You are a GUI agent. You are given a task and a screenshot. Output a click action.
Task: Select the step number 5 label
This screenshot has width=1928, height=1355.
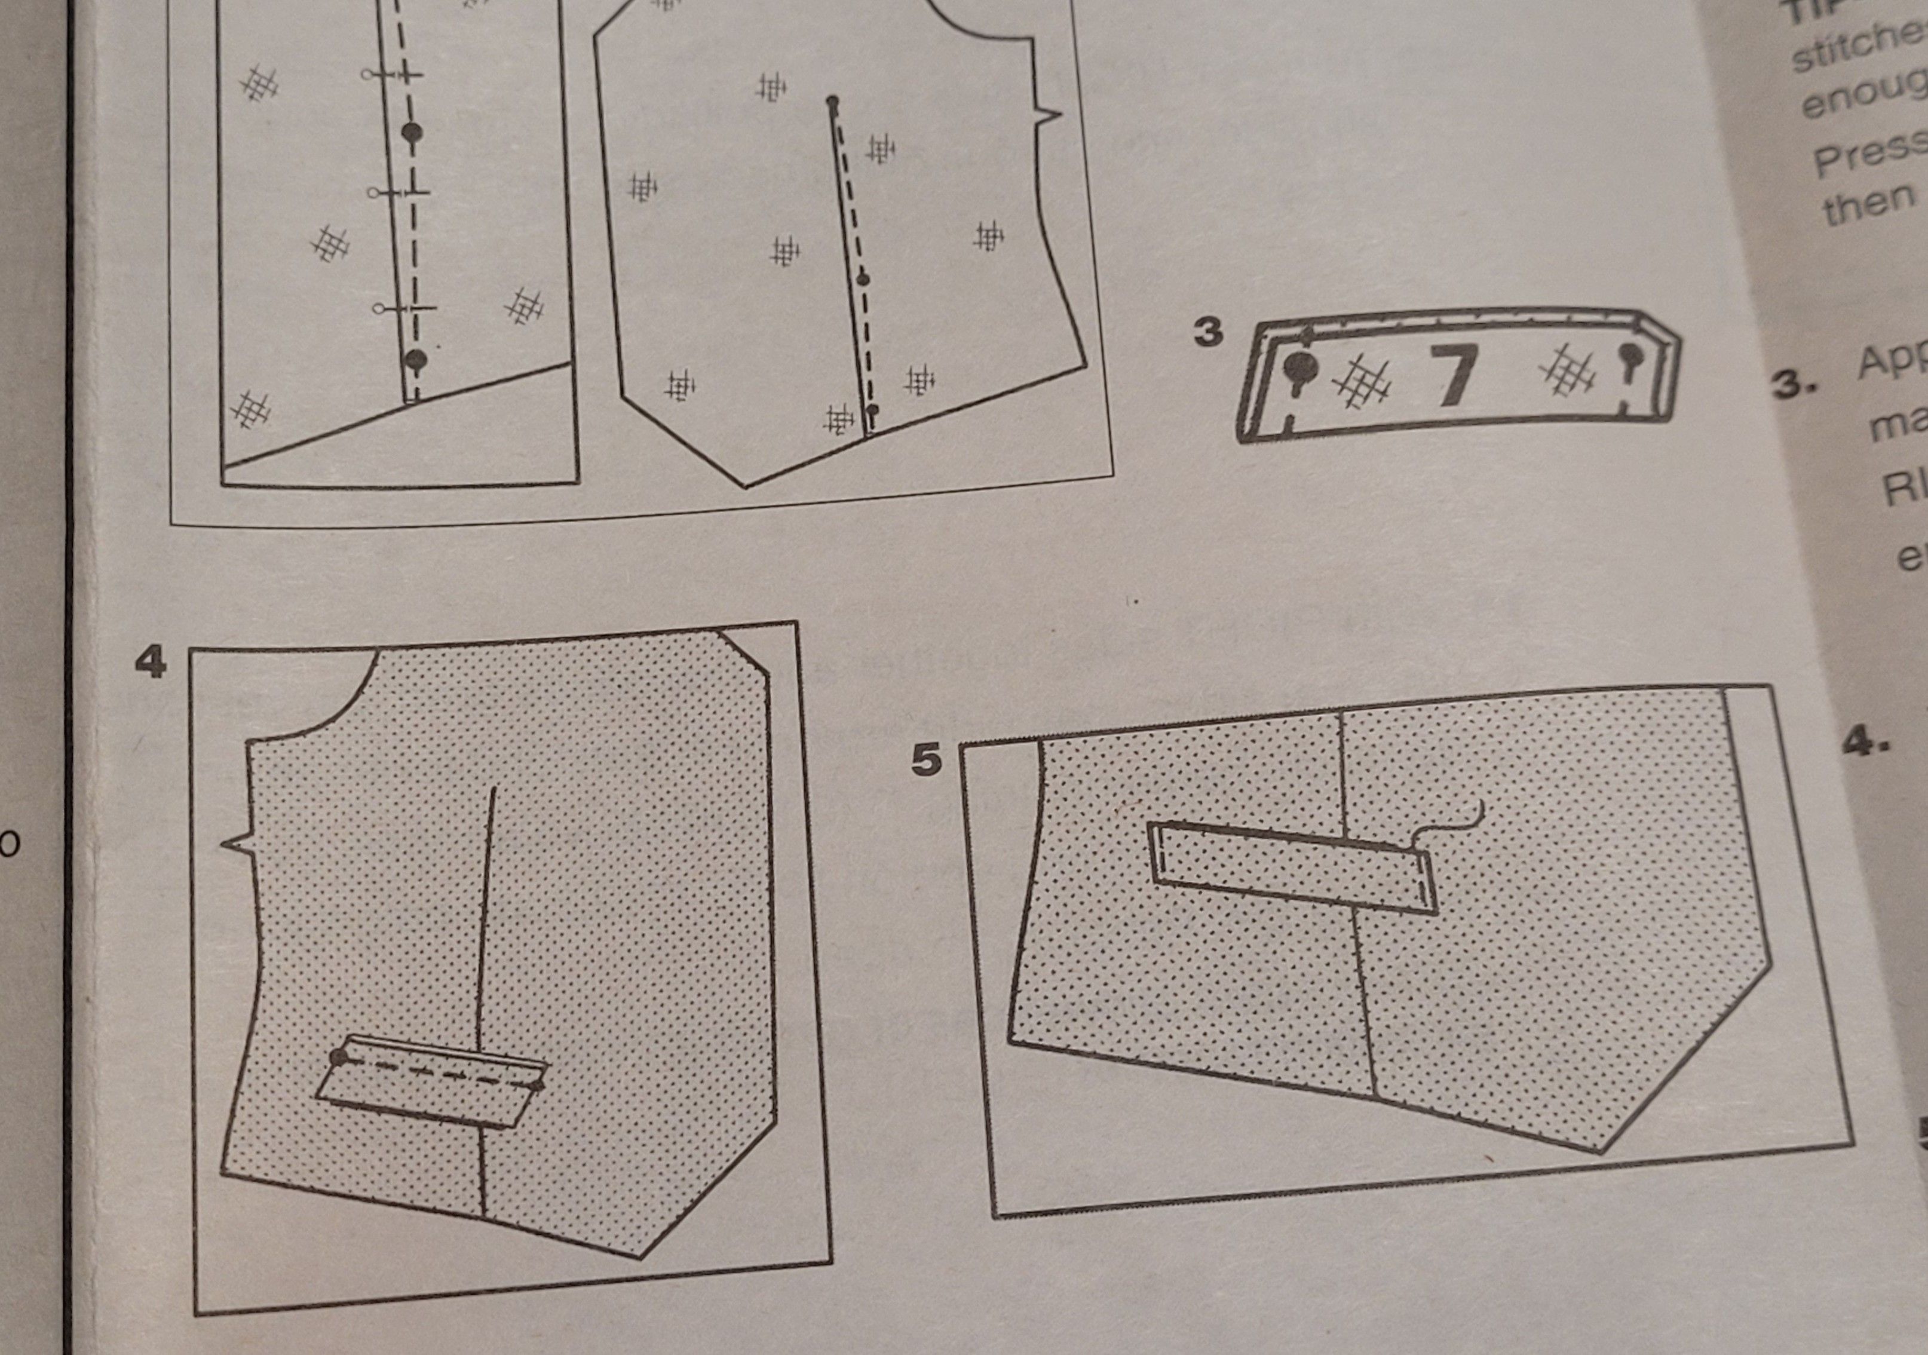click(x=926, y=761)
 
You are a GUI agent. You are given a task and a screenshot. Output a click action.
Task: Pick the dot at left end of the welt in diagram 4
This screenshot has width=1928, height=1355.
click(x=339, y=1057)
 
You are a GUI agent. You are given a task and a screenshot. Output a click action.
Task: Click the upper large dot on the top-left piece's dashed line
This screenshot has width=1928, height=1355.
click(x=412, y=132)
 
